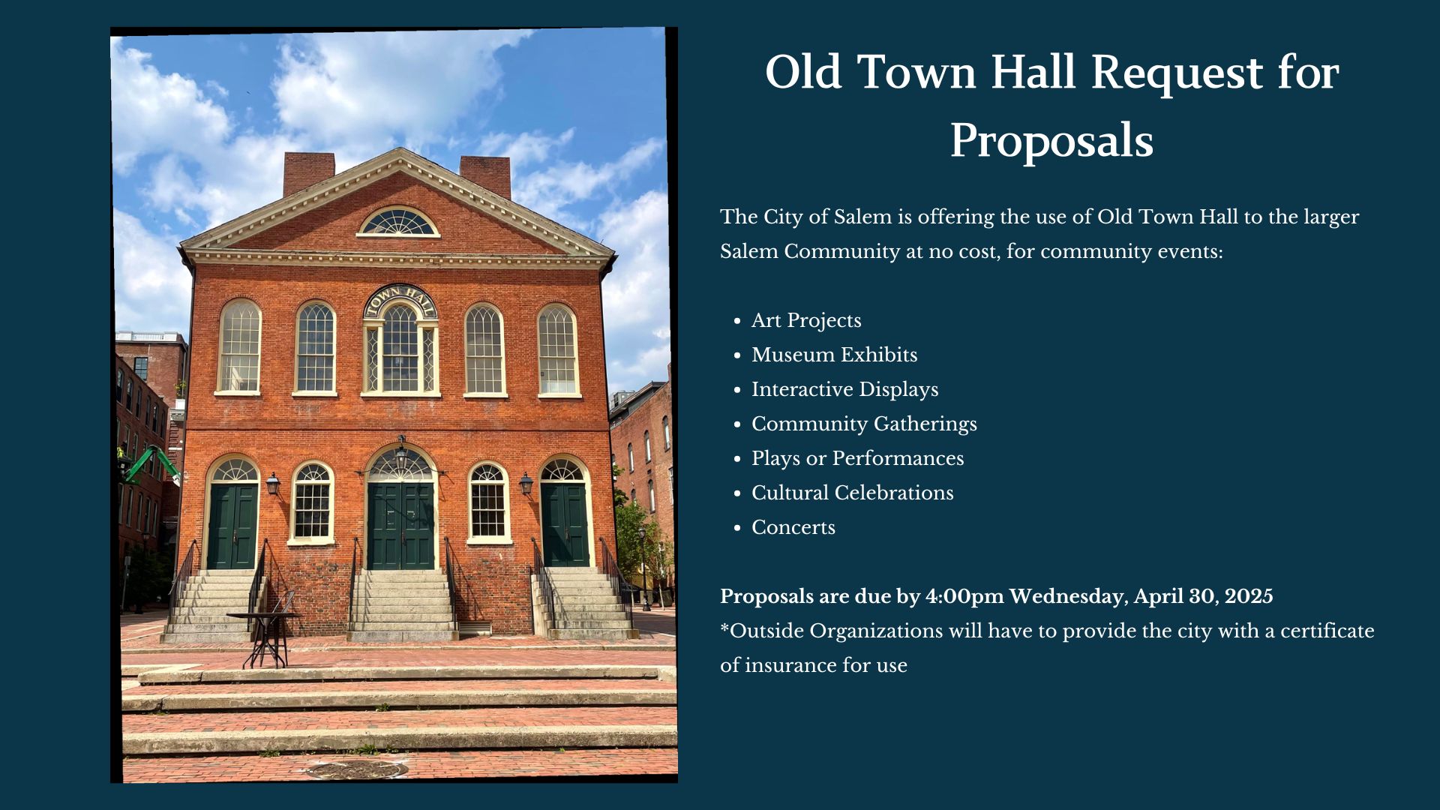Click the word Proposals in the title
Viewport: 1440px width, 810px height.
point(1051,140)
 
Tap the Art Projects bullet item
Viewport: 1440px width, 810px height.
point(806,320)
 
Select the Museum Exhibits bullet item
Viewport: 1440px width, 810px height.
point(834,355)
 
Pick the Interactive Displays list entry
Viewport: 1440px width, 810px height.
point(844,389)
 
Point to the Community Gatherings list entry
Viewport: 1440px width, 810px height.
point(864,424)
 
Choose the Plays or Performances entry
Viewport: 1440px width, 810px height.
point(857,458)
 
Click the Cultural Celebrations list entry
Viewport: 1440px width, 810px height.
point(852,493)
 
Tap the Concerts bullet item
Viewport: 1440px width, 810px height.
point(793,527)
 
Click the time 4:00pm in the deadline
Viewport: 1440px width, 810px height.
point(964,597)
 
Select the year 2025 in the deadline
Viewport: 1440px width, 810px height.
point(1249,596)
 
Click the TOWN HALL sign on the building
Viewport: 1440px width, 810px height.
point(400,299)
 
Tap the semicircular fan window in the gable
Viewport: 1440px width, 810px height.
point(397,223)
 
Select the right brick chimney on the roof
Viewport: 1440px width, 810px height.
point(485,175)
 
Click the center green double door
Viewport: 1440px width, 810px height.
point(401,526)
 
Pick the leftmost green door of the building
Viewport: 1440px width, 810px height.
point(232,526)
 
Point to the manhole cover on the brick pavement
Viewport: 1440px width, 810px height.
point(356,769)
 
